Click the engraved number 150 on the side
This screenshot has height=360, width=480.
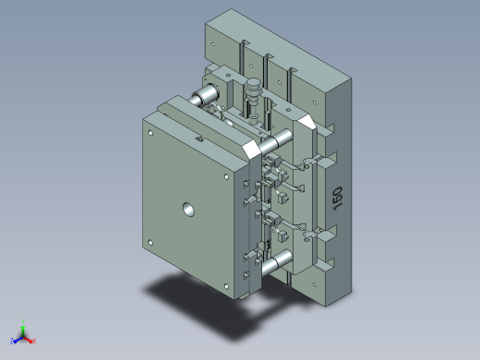pyautogui.click(x=338, y=198)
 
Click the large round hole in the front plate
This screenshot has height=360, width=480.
pyautogui.click(x=188, y=210)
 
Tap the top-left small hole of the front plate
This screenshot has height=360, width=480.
pyautogui.click(x=150, y=133)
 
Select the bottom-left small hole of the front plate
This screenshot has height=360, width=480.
pyautogui.click(x=150, y=243)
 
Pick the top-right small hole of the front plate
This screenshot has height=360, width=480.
pyautogui.click(x=226, y=176)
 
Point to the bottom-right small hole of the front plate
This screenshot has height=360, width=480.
pyautogui.click(x=226, y=286)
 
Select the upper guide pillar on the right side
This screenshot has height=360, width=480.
pyautogui.click(x=276, y=142)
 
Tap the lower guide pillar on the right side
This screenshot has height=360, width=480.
pyautogui.click(x=276, y=262)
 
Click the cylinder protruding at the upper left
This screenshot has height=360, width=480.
pyautogui.click(x=204, y=94)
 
